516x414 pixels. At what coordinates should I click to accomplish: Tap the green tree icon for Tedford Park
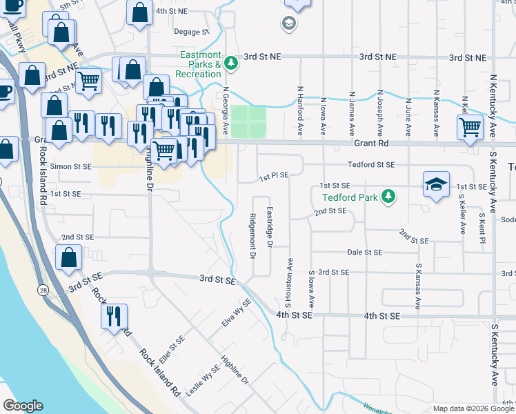[x=389, y=197]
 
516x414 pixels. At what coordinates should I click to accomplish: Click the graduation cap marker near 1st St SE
[x=436, y=184]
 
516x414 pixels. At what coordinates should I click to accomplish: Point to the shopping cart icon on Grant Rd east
[x=470, y=126]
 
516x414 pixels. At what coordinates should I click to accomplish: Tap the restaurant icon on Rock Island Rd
[x=114, y=315]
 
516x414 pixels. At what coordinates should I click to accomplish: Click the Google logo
[x=22, y=406]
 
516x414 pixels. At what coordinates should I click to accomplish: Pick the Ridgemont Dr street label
[x=253, y=237]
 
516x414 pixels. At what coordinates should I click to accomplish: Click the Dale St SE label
[x=364, y=253]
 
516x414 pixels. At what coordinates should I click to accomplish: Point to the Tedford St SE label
[x=371, y=165]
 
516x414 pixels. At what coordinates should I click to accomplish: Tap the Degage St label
[x=191, y=32]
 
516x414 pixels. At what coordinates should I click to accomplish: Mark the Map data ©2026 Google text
[x=473, y=408]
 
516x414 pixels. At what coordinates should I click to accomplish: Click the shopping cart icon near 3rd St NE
[x=88, y=81]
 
